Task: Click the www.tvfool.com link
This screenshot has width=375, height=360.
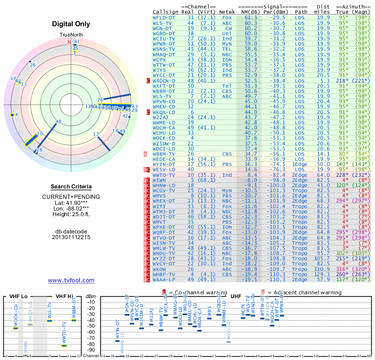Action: pos(71,280)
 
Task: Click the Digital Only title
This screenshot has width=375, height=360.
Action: pos(71,24)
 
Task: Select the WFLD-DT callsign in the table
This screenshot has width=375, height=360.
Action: pos(164,17)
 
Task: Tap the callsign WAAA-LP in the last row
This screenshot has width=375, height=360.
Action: pos(164,279)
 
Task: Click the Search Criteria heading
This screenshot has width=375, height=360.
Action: pos(71,187)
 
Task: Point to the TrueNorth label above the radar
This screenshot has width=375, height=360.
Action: pos(71,36)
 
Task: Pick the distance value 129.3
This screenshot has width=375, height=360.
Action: pos(322,275)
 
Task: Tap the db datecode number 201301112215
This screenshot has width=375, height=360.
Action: pos(71,237)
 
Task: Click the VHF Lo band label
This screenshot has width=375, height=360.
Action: pos(18,296)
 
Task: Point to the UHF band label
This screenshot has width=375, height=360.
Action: pos(236,296)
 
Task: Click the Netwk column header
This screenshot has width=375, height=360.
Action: pos(227,11)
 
